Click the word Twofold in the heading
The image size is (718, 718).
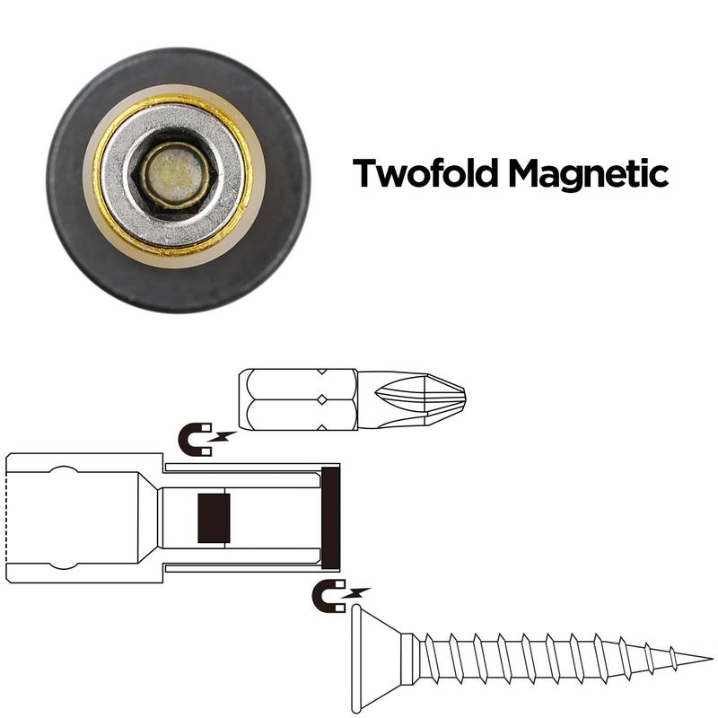(425, 172)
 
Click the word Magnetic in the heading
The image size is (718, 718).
(589, 175)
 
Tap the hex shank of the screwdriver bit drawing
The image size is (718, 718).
(298, 399)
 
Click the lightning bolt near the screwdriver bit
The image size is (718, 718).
(223, 436)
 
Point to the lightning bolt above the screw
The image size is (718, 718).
(356, 593)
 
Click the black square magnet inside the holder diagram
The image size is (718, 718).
(214, 518)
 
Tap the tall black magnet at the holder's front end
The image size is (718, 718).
(330, 518)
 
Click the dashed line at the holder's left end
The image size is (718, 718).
(7, 518)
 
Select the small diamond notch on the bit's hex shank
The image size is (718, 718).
(322, 399)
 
